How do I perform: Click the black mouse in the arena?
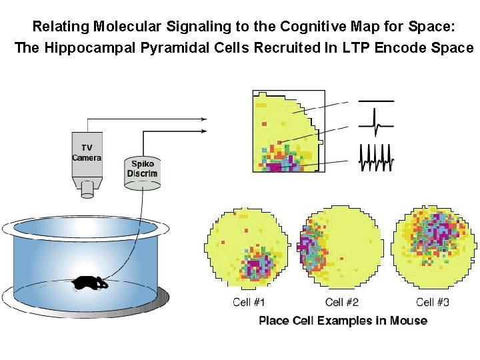pyautogui.click(x=90, y=283)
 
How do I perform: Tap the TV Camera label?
pyautogui.click(x=87, y=153)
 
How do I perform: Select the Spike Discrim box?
pyautogui.click(x=143, y=170)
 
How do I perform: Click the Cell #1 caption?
pyautogui.click(x=250, y=303)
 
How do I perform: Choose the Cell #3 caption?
pyautogui.click(x=433, y=303)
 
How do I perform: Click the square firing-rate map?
pyautogui.click(x=288, y=131)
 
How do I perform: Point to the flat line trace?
pyautogui.click(x=376, y=101)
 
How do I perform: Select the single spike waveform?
pyautogui.click(x=376, y=125)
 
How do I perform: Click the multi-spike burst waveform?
pyautogui.click(x=376, y=157)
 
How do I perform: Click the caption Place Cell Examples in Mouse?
pyautogui.click(x=343, y=321)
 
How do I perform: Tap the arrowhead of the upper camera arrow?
pyautogui.click(x=205, y=119)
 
